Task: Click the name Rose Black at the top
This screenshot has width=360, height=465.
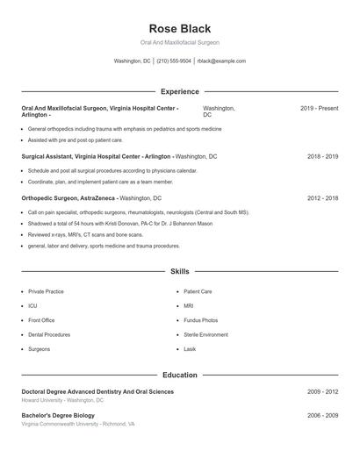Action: (180, 29)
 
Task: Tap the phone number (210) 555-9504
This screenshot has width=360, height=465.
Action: (174, 61)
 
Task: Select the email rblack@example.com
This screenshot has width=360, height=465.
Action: (221, 61)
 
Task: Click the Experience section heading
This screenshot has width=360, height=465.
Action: (180, 91)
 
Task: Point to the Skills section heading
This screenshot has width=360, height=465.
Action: (180, 272)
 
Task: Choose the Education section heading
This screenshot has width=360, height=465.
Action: (180, 375)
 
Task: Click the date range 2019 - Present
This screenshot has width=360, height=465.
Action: (319, 108)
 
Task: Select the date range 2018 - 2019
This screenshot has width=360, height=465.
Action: (322, 156)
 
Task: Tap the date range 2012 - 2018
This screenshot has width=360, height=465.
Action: (322, 198)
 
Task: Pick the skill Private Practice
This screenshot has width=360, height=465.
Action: (46, 291)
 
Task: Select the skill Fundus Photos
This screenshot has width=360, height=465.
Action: (201, 320)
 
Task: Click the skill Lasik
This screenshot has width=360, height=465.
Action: (190, 349)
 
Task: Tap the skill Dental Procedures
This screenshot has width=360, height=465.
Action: (49, 334)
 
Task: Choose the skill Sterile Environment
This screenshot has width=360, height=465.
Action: (205, 334)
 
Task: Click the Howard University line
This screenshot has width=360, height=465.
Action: (62, 400)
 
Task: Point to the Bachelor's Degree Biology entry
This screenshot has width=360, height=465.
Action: (58, 414)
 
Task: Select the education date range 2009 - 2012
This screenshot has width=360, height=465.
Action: (322, 391)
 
